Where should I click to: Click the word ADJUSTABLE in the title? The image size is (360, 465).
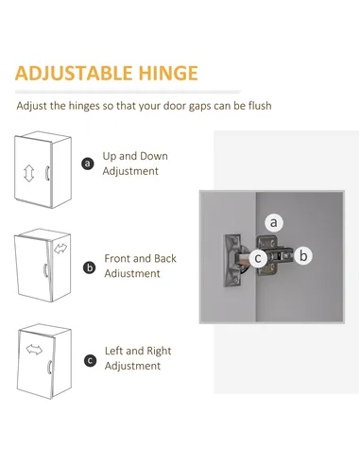pos(74,73)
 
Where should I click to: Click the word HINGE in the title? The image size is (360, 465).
pos(168,73)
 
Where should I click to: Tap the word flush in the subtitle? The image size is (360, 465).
pos(260,106)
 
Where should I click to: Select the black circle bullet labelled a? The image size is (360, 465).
pos(88,164)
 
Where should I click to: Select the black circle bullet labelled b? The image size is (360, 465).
pos(90,267)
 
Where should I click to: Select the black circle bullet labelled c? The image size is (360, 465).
pos(90,360)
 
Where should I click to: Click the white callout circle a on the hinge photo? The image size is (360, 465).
pos(274,222)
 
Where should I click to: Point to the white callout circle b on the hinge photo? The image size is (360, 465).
pos(303,255)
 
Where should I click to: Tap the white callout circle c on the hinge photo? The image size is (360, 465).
pos(258,258)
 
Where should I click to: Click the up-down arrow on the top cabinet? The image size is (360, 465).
pos(28,173)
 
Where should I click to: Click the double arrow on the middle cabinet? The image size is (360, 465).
pos(60,249)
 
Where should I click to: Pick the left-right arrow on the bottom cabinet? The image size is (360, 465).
pos(34,350)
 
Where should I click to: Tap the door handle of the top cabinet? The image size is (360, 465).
pos(47,173)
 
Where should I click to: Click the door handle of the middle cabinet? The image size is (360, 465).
pos(45,270)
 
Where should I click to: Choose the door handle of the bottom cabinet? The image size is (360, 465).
pos(49,367)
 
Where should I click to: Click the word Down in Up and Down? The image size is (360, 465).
pos(154,156)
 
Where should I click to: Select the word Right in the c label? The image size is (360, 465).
pos(159,351)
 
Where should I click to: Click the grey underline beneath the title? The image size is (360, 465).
pos(128,92)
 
